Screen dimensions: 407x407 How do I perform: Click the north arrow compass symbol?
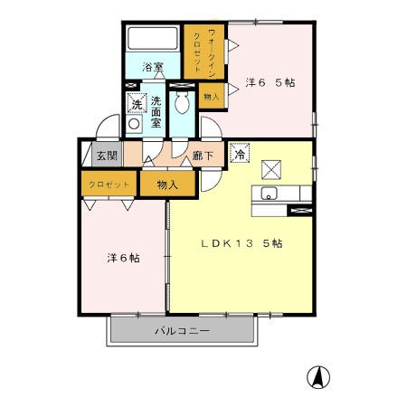pyautogui.click(x=320, y=374)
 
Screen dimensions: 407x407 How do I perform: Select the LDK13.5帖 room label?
pyautogui.click(x=241, y=243)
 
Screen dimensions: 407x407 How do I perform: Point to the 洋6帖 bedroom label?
pyautogui.click(x=122, y=258)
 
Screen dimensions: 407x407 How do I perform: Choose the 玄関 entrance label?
pyautogui.click(x=107, y=156)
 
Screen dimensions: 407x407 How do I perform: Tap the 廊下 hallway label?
pyautogui.click(x=203, y=156)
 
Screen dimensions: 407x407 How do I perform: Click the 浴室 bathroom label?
pyautogui.click(x=153, y=67)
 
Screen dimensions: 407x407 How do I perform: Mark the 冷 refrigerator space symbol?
pyautogui.click(x=240, y=154)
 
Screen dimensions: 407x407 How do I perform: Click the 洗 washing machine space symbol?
pyautogui.click(x=136, y=104)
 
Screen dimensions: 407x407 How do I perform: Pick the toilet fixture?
pyautogui.click(x=184, y=104)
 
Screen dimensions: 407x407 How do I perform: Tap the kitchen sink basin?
pyautogui.click(x=269, y=194)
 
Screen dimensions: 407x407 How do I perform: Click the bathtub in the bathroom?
pyautogui.click(x=153, y=40)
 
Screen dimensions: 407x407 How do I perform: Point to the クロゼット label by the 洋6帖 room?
pyautogui.click(x=109, y=184)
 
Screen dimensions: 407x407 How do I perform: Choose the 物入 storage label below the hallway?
pyautogui.click(x=166, y=184)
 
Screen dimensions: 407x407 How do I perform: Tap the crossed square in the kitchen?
pyautogui.click(x=272, y=168)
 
